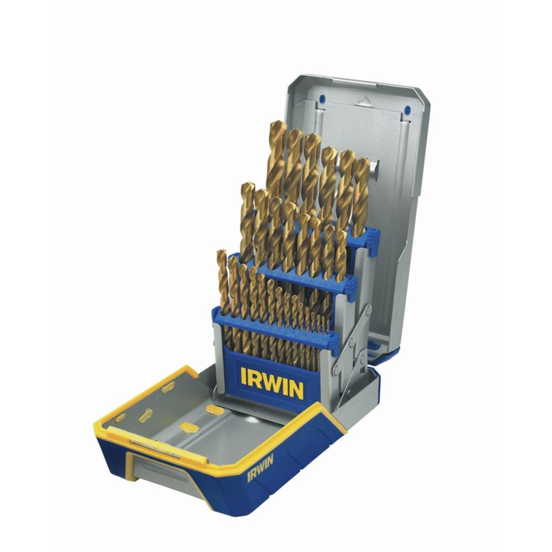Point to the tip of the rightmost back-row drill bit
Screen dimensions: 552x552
(x=363, y=161)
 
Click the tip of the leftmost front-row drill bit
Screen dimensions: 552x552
(x=221, y=252)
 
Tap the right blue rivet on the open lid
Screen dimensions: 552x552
(x=407, y=109)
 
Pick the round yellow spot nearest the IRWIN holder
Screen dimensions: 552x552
(x=215, y=410)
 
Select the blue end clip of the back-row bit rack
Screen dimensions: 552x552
(x=374, y=240)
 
